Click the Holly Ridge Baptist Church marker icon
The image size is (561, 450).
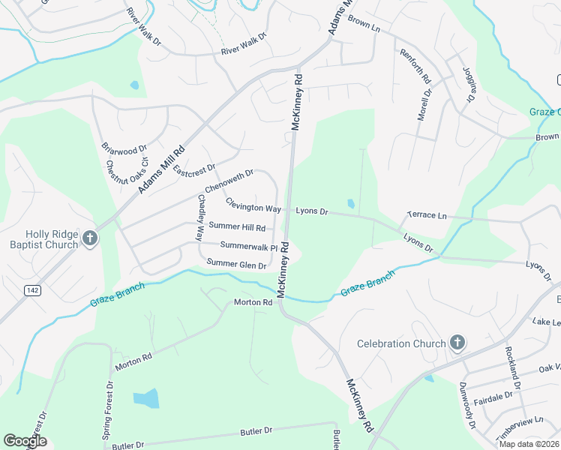tap(89, 238)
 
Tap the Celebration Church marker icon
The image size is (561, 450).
tap(457, 343)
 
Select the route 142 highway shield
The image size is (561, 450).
tap(31, 290)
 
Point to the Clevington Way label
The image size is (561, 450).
tap(253, 207)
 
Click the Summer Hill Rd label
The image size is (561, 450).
tap(237, 226)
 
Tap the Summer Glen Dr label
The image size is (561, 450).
tap(236, 264)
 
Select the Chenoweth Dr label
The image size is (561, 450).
tap(229, 181)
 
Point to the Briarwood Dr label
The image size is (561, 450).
tap(124, 142)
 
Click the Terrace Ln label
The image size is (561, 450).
tap(426, 215)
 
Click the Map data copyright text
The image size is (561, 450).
tap(528, 443)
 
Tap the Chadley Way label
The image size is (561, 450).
tap(200, 217)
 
